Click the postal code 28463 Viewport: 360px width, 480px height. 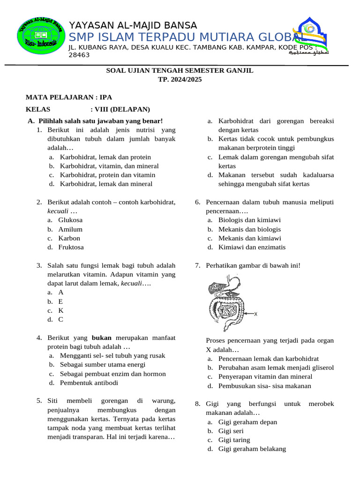click(79, 55)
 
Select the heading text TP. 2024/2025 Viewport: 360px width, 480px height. click(180, 80)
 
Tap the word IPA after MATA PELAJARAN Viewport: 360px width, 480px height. click(106, 97)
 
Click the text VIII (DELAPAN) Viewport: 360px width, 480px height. click(122, 109)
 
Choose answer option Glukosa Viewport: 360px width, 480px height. click(70, 220)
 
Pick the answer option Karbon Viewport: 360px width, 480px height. click(69, 238)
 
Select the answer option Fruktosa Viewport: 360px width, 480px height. click(71, 247)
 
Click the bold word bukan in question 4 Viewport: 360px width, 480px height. click(101, 337)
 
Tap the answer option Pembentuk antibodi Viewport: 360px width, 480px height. click(89, 382)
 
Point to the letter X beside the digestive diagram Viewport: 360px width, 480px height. click(255, 314)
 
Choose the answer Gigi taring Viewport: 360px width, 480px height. click(234, 440)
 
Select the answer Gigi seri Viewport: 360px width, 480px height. click(232, 431)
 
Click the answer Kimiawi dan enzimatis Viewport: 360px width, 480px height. click(252, 247)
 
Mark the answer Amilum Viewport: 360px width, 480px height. click(70, 229)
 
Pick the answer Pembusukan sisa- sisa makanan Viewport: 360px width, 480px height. click(264, 386)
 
